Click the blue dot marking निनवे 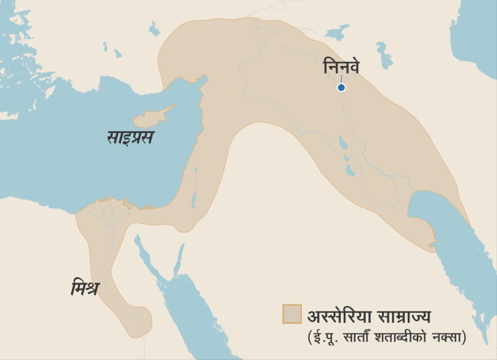click(x=341, y=87)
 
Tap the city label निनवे click(x=341, y=67)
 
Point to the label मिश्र click(x=84, y=288)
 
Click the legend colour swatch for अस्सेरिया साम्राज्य click(x=292, y=314)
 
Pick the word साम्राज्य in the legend click(x=404, y=317)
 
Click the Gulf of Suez click(x=145, y=253)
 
